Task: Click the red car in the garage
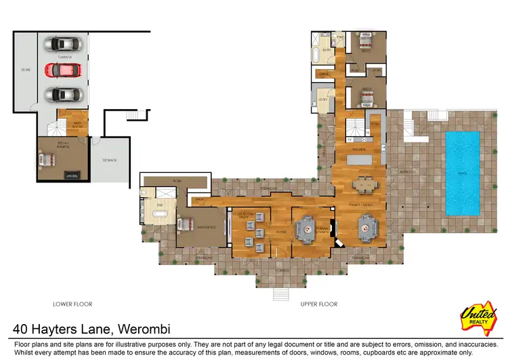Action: [63, 69]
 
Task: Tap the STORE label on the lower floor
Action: [26, 69]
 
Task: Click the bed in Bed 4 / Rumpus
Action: [47, 160]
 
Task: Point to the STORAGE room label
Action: [109, 160]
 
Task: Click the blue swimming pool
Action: [462, 173]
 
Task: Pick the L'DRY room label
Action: [323, 99]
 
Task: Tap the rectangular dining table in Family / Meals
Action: [365, 183]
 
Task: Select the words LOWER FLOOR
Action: [72, 304]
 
